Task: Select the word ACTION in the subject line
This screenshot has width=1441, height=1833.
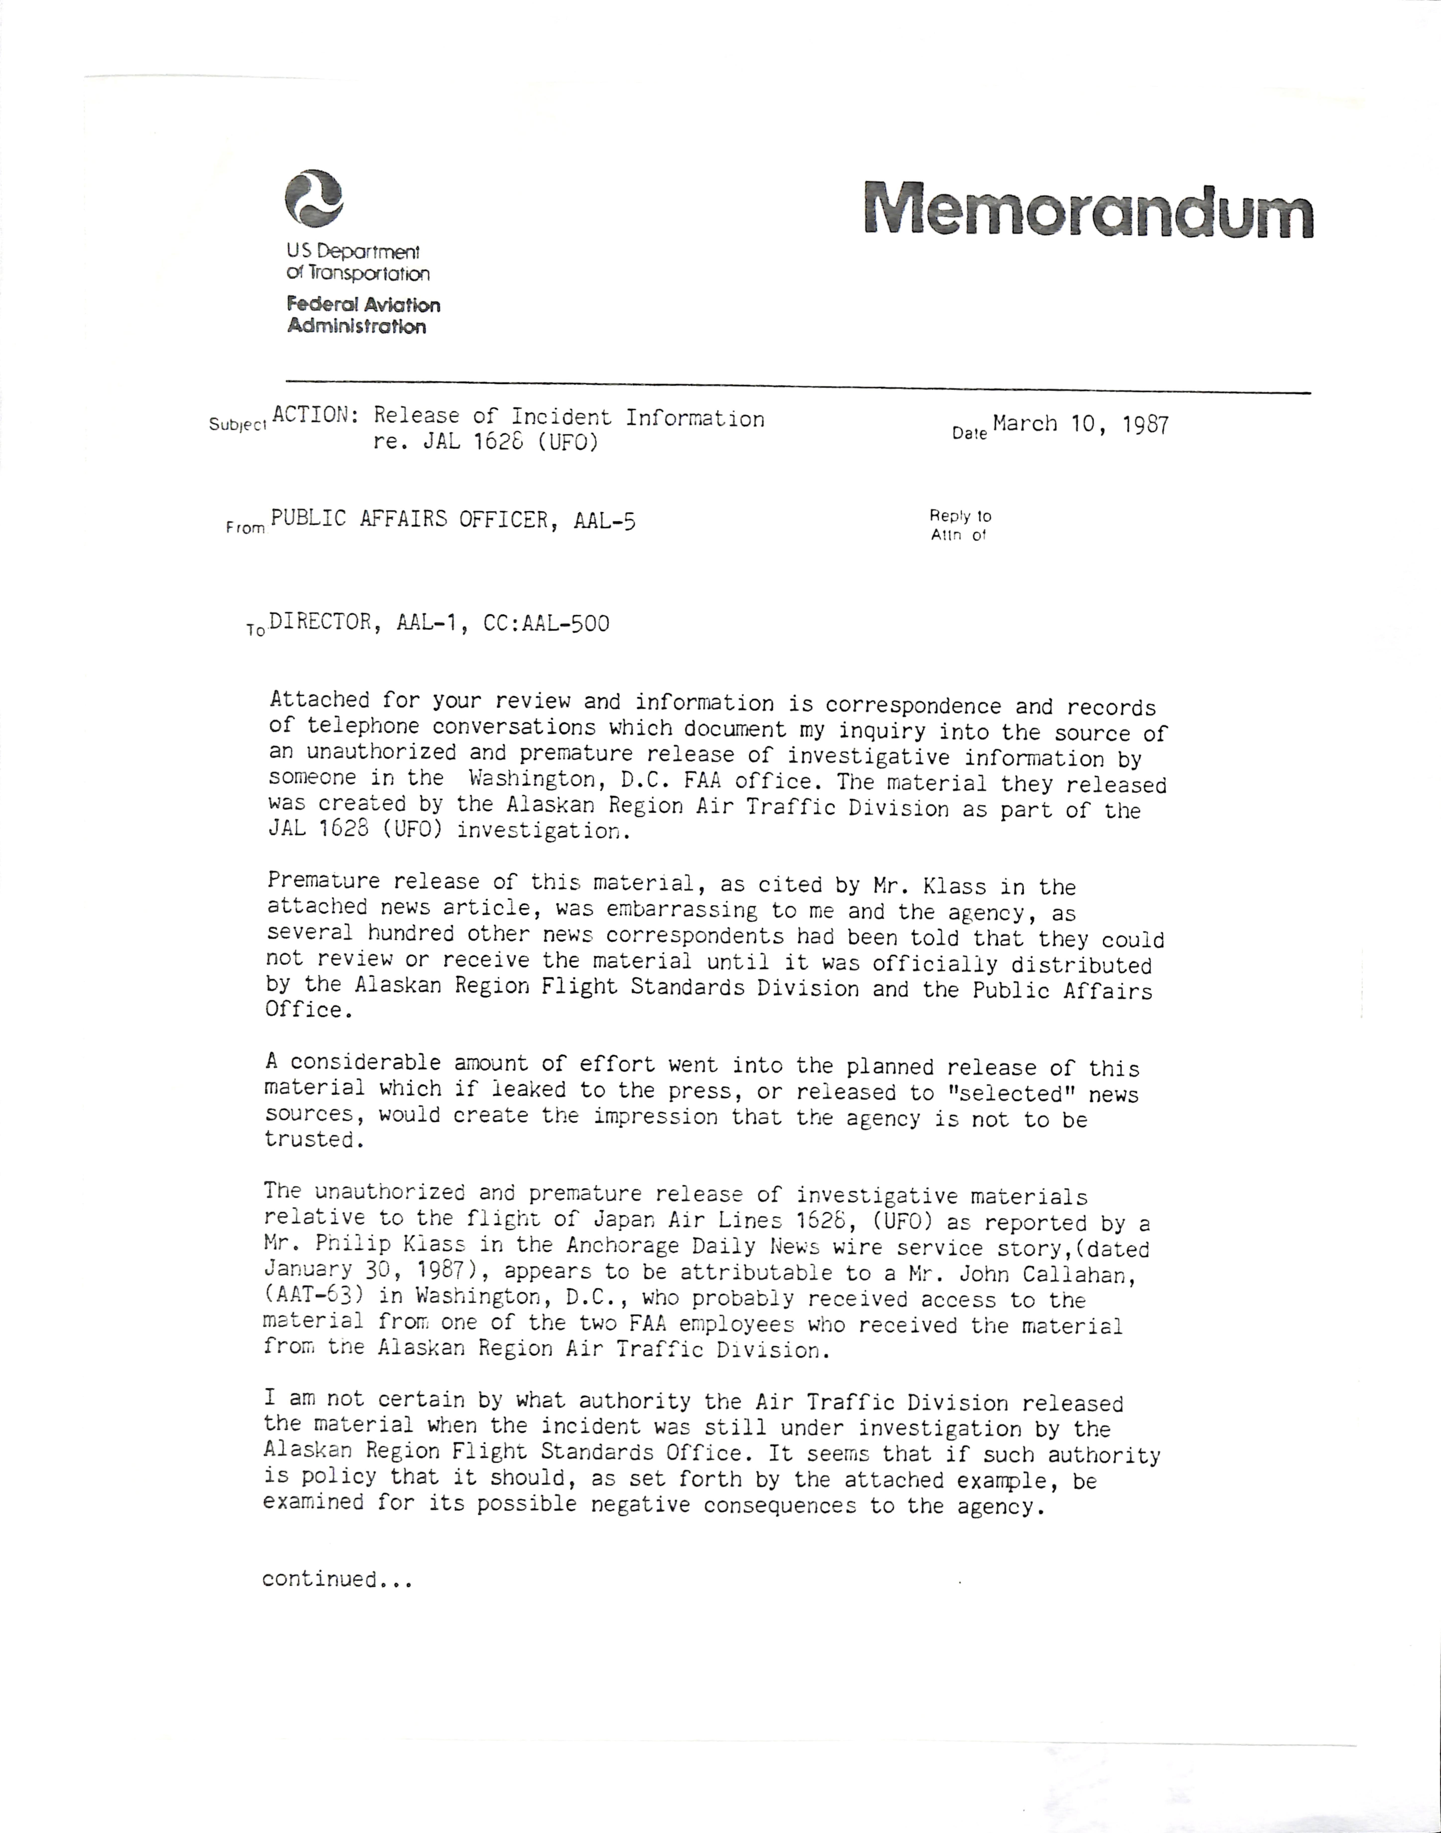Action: [310, 415]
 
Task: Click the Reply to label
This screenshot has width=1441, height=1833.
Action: [960, 515]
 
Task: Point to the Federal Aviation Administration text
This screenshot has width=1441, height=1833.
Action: [363, 315]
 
